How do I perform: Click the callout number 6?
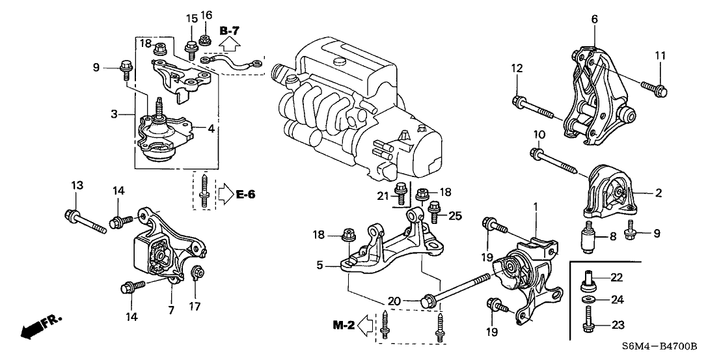tap(594, 20)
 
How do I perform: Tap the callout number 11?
tap(660, 55)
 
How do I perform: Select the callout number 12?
tap(517, 68)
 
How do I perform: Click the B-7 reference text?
tap(230, 30)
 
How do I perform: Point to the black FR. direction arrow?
tap(33, 330)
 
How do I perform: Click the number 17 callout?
tap(195, 305)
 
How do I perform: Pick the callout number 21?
tap(383, 196)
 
